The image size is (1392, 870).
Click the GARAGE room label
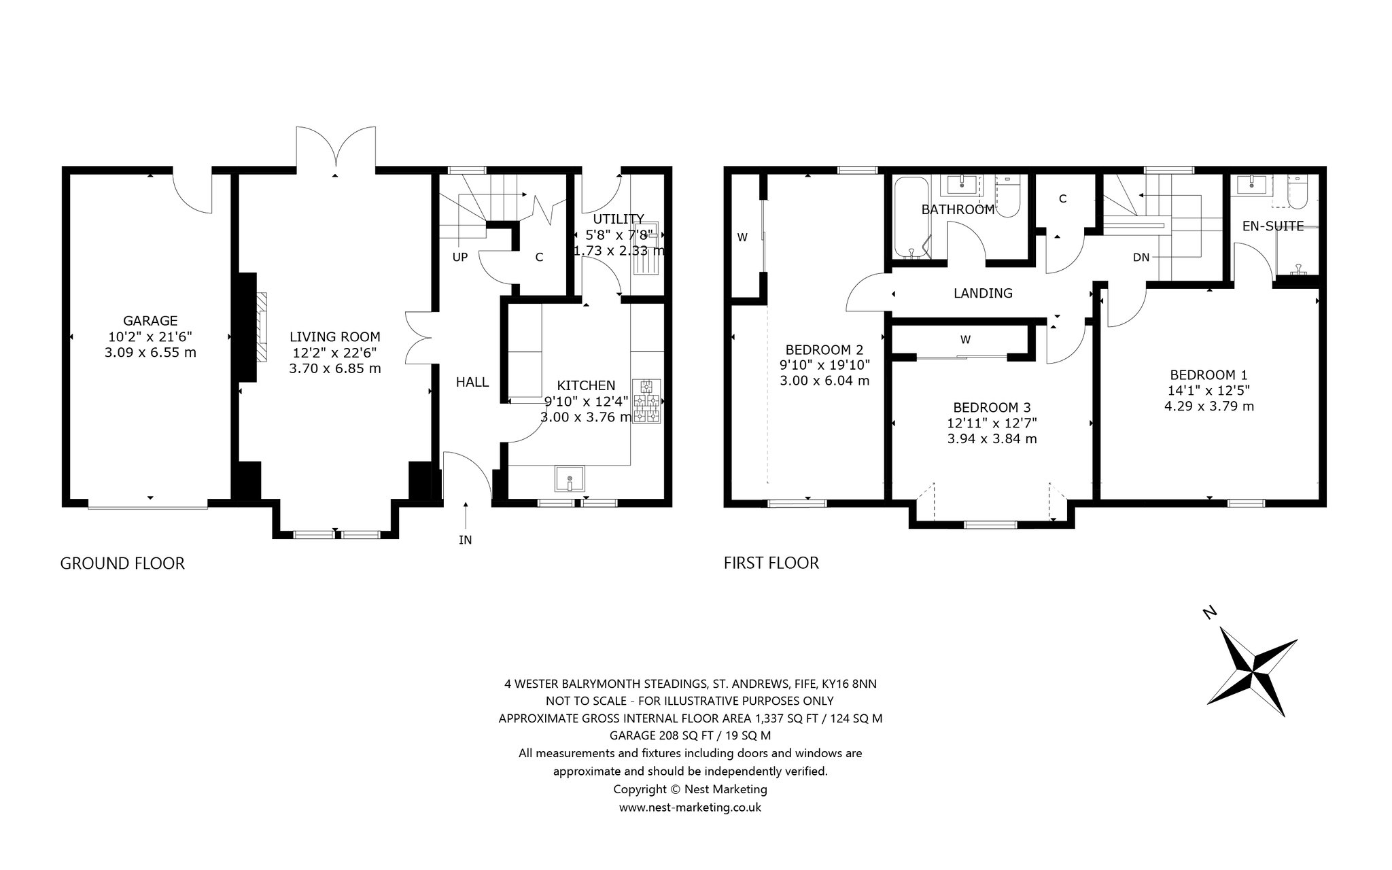(x=150, y=321)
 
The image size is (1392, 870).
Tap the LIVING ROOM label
(x=335, y=336)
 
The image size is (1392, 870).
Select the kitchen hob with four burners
(x=646, y=401)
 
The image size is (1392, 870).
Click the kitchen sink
(x=570, y=478)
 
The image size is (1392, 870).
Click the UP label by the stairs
(x=460, y=257)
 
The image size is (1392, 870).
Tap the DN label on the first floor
(x=1141, y=257)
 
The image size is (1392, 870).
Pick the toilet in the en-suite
(x=1297, y=192)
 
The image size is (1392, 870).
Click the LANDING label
(x=983, y=293)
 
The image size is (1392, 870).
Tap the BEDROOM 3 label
(x=992, y=407)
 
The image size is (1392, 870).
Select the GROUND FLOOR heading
(x=122, y=563)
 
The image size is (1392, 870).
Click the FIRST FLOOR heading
(x=771, y=563)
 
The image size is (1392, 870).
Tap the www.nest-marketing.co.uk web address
(x=690, y=807)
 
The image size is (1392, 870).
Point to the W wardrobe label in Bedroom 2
(x=742, y=237)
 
